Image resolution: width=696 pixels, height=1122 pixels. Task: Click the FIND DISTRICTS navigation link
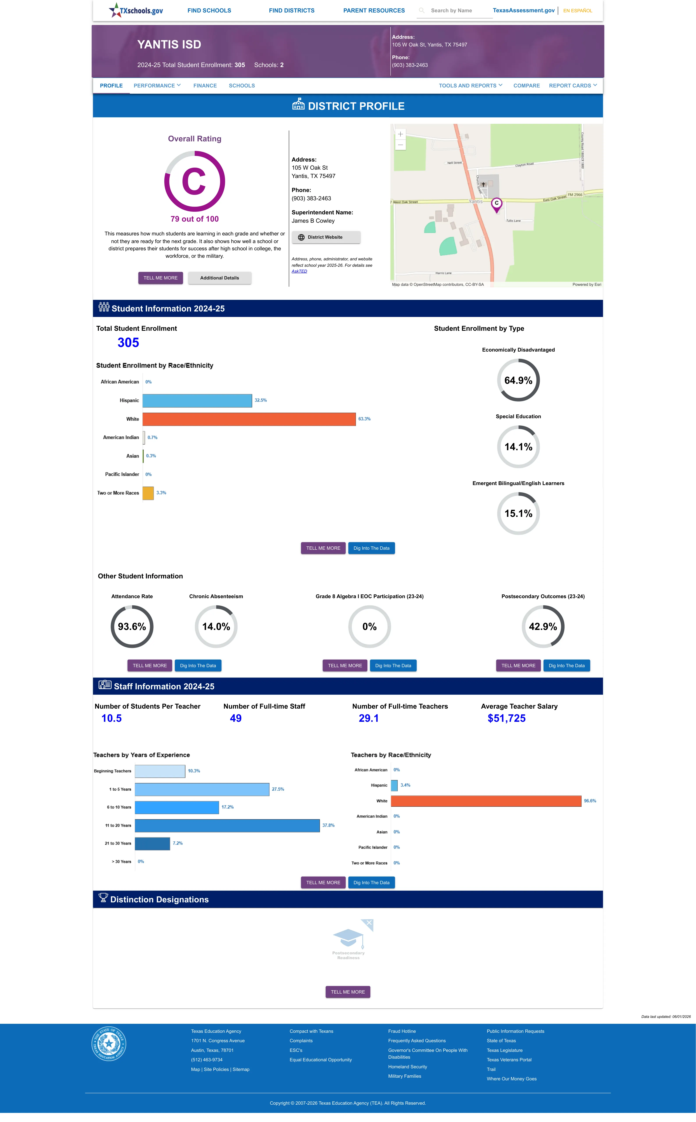click(x=291, y=11)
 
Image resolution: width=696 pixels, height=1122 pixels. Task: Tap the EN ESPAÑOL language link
click(x=578, y=11)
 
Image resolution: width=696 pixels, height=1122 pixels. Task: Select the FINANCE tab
click(x=205, y=86)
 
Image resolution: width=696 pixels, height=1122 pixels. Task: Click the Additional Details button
click(x=220, y=278)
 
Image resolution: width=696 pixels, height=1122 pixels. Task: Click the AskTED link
click(x=299, y=271)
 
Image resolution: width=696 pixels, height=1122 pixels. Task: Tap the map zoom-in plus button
click(x=400, y=134)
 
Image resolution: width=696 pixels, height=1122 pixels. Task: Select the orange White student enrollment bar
click(x=249, y=419)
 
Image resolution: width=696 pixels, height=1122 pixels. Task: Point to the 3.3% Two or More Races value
click(x=161, y=493)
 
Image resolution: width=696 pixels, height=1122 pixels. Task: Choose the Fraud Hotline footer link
click(x=402, y=1031)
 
